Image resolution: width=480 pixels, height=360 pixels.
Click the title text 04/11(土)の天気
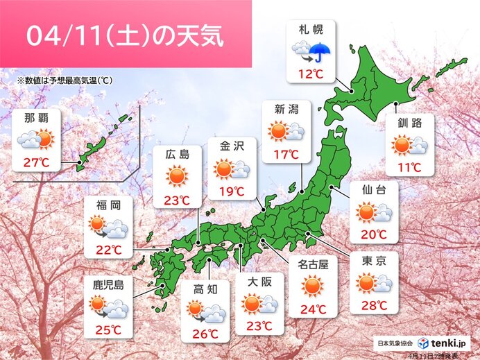click(125, 35)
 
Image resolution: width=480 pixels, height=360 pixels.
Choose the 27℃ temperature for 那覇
click(35, 164)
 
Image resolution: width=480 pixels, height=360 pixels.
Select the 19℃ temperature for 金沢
click(232, 191)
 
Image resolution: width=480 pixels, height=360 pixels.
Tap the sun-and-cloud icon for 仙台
click(374, 212)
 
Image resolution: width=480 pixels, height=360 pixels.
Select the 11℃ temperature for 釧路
click(411, 167)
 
